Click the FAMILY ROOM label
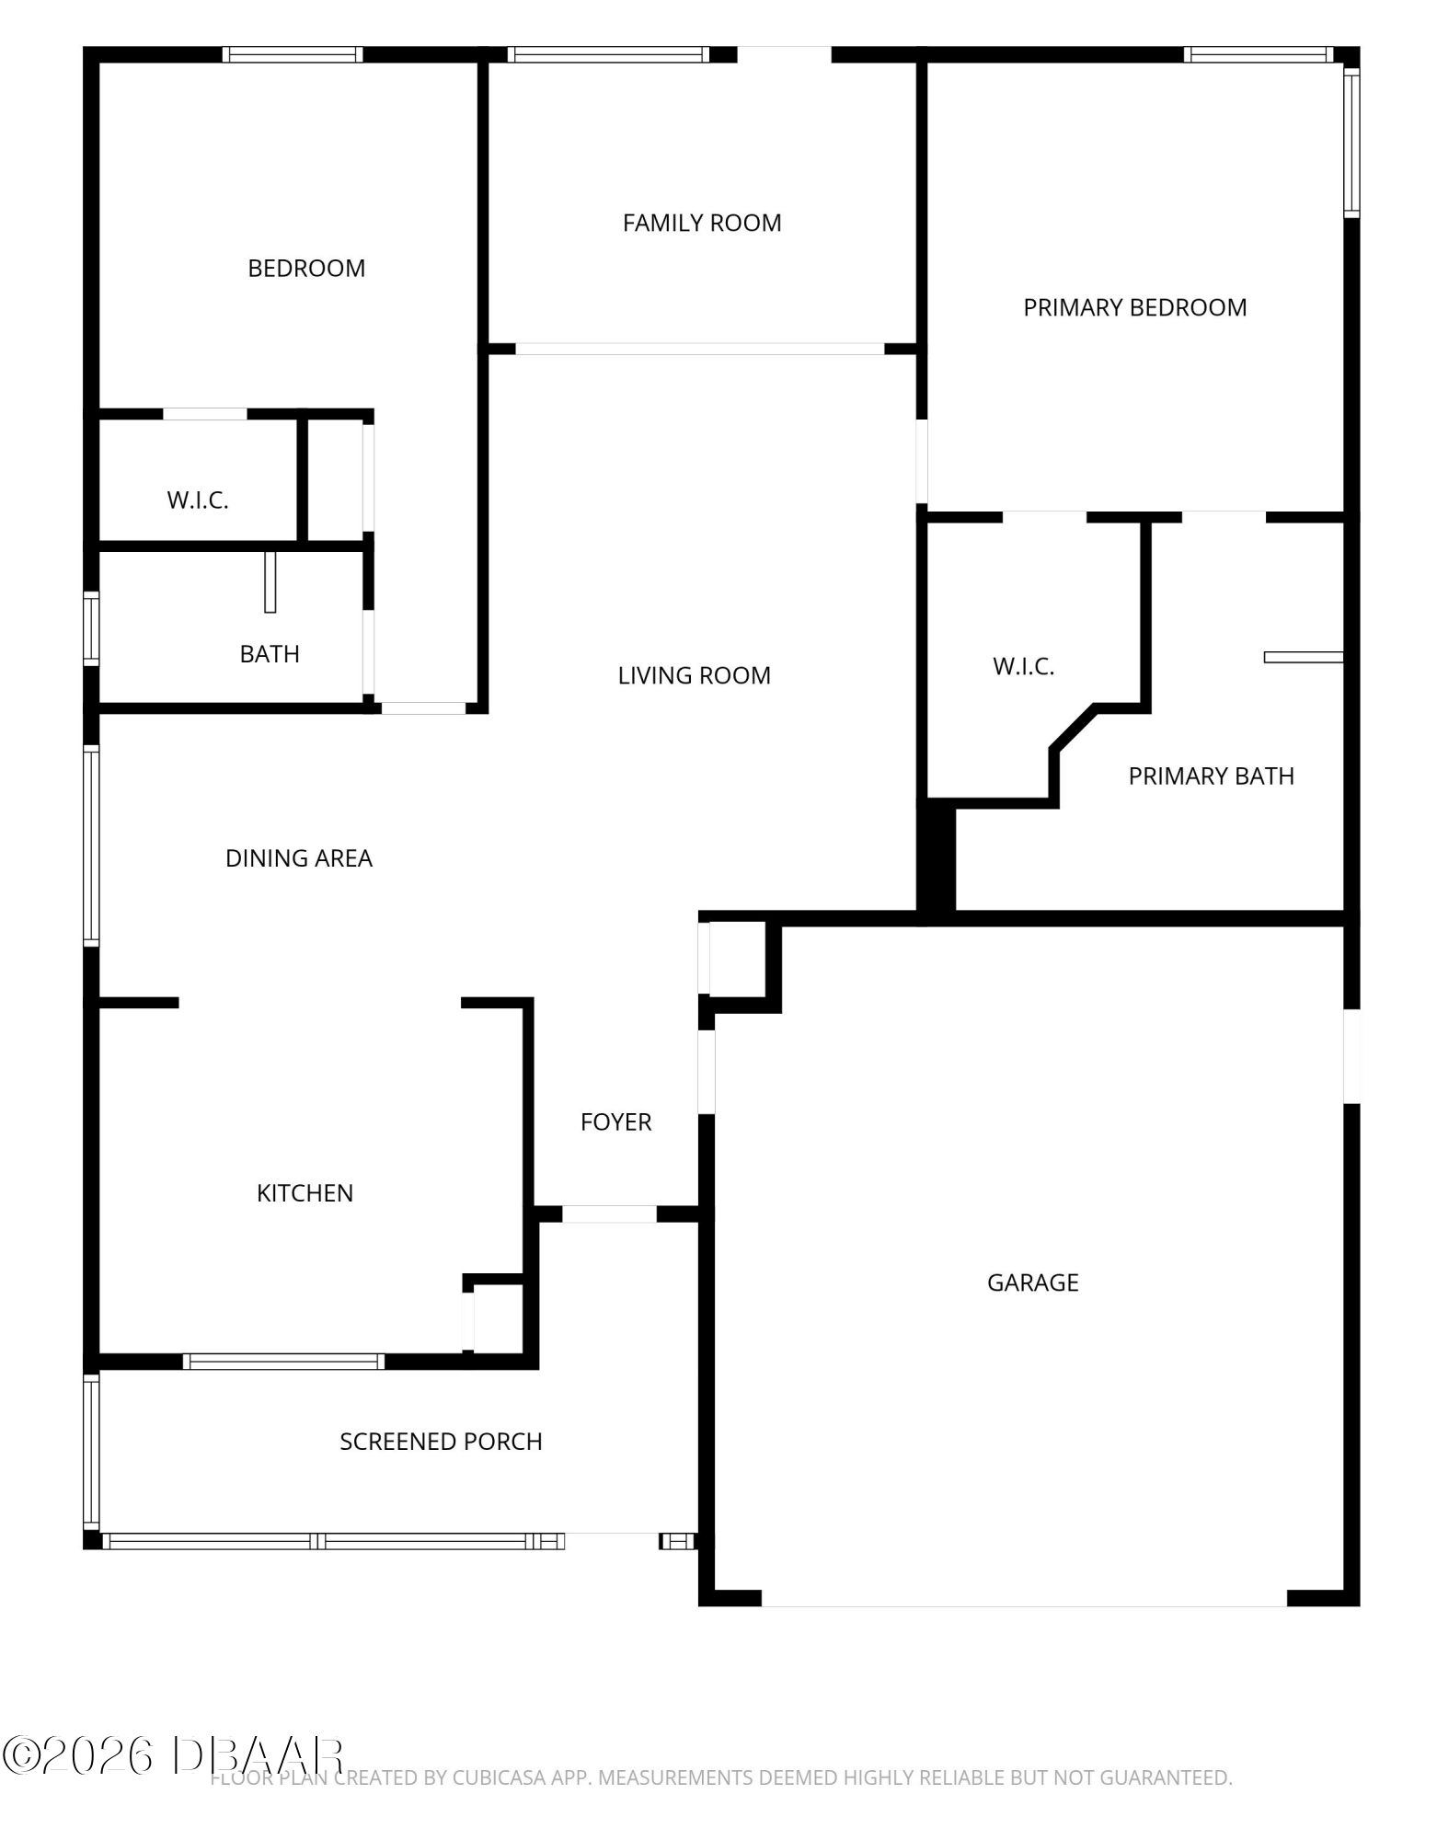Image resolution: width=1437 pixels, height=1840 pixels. click(702, 223)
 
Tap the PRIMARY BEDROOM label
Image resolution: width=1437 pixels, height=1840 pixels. click(1135, 307)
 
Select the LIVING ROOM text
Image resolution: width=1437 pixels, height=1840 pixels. click(695, 675)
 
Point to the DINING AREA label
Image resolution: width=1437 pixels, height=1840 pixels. click(299, 858)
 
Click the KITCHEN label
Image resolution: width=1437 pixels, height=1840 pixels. click(305, 1193)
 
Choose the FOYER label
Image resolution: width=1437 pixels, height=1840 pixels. click(616, 1121)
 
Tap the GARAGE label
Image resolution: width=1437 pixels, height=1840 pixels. click(1033, 1282)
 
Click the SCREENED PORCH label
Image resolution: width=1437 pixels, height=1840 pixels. click(442, 1442)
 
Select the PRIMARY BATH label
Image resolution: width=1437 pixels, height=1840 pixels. click(1212, 776)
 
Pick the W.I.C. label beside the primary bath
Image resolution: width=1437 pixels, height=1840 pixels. click(1024, 666)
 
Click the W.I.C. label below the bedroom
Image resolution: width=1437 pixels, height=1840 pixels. click(198, 500)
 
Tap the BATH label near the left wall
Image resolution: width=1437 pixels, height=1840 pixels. click(270, 654)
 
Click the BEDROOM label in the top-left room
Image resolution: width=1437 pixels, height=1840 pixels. click(306, 269)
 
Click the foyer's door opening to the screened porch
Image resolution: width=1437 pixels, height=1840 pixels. click(609, 1214)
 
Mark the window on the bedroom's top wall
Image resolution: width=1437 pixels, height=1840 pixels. click(293, 54)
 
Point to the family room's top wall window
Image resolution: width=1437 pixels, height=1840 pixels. click(608, 54)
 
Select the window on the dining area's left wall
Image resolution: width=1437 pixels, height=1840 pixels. click(91, 845)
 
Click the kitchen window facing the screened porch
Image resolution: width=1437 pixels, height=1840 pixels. click(283, 1362)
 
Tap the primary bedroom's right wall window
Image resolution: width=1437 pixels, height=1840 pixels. click(1351, 143)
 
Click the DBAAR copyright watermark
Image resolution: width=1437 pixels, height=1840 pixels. click(173, 1756)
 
